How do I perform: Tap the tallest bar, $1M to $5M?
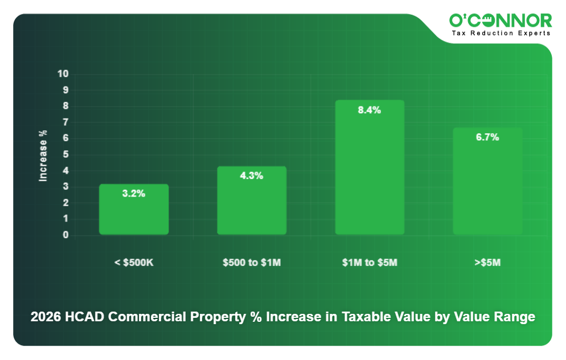point(370,171)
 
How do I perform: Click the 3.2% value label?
point(134,194)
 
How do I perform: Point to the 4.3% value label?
point(252,176)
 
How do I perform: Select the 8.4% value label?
point(370,111)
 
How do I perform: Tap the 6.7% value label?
point(487,137)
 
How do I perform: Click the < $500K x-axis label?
point(134,263)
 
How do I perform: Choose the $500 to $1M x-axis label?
point(252,263)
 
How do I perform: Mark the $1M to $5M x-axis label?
point(370,263)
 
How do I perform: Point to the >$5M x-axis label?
point(487,263)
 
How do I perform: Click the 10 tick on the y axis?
point(63,74)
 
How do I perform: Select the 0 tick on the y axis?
point(66,235)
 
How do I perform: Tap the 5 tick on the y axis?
point(66,154)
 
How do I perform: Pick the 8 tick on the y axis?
point(66,106)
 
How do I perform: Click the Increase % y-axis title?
point(43,156)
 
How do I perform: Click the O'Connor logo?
point(501,21)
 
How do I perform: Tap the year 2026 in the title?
point(46,317)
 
